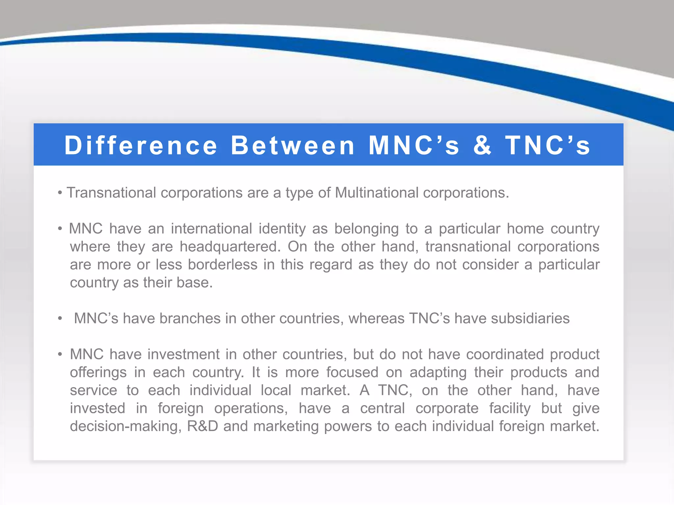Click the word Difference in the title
141,145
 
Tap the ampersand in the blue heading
482,145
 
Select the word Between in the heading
293,145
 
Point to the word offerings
98,373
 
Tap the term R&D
202,426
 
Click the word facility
510,408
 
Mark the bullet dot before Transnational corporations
60,193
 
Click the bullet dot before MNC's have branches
60,319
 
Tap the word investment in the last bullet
183,354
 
